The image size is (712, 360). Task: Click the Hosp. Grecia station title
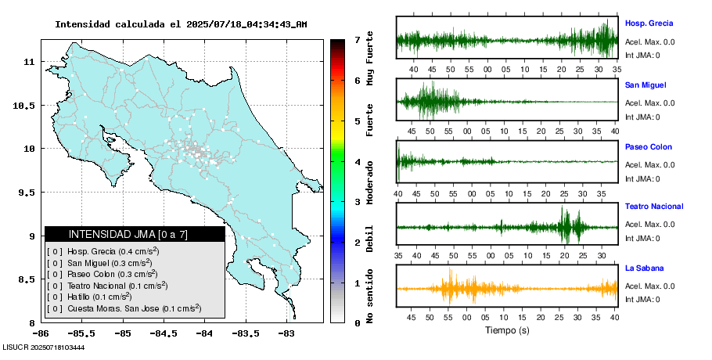pyautogui.click(x=649, y=23)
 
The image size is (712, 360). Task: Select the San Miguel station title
pyautogui.click(x=645, y=85)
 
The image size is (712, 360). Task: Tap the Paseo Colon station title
pyautogui.click(x=648, y=147)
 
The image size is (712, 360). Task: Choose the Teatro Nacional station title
pyautogui.click(x=654, y=207)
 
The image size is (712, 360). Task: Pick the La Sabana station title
pyautogui.click(x=644, y=268)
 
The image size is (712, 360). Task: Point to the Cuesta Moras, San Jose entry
pyautogui.click(x=123, y=308)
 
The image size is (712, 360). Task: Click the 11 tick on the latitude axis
pyautogui.click(x=28, y=62)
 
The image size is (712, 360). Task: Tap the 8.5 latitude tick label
pyautogui.click(x=25, y=279)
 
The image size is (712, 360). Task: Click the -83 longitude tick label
pyautogui.click(x=286, y=333)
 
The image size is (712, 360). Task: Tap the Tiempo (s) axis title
pyautogui.click(x=508, y=330)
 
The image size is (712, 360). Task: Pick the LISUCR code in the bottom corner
pyautogui.click(x=44, y=347)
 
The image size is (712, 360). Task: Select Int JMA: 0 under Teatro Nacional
pyautogui.click(x=642, y=239)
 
